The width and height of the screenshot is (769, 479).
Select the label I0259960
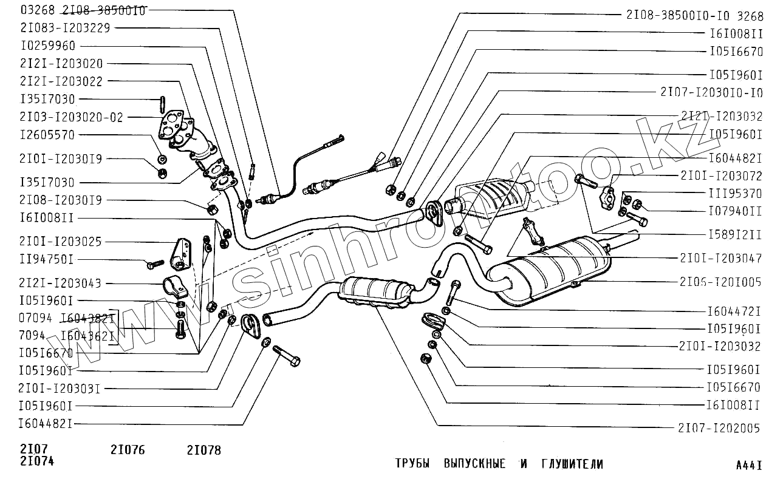pos(48,46)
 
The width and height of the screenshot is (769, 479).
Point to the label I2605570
pos(47,135)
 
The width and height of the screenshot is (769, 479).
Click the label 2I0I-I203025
pos(61,242)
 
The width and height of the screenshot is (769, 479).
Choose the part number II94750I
pos(47,260)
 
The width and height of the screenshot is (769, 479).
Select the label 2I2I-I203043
pos(61,283)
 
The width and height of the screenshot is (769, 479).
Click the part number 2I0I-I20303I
pos(61,388)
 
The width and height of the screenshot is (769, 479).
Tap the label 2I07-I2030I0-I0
pos(711,92)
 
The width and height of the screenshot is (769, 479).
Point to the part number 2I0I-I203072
pos(721,176)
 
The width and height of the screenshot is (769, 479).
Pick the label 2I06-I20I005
pos(721,282)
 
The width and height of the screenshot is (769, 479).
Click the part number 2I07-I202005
pos(719,428)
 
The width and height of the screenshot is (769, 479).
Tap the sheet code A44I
pos(748,466)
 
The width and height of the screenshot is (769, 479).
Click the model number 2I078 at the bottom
pos(204,450)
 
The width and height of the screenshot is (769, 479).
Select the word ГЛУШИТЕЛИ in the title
pos(572,464)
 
